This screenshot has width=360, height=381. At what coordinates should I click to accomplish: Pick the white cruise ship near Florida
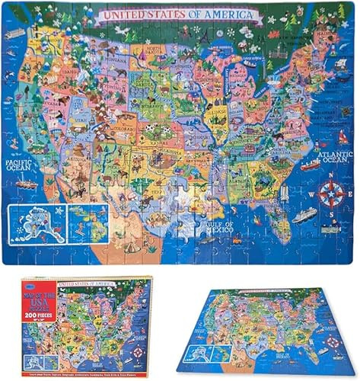(304, 216)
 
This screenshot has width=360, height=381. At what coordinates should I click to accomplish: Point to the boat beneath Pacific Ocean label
(27, 185)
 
